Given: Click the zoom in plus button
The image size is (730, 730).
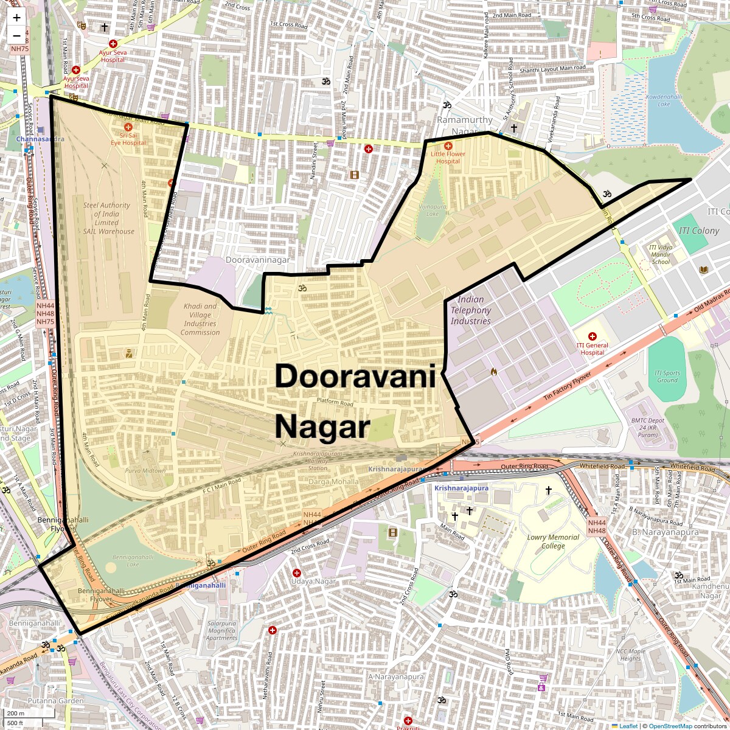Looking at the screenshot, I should click(16, 18).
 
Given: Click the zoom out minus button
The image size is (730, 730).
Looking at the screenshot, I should click(16, 36).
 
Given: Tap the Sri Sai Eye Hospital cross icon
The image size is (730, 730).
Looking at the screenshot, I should click(128, 127).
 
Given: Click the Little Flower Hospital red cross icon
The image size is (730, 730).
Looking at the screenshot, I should click(448, 146).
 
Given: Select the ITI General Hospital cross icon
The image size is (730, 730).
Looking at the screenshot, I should click(592, 336).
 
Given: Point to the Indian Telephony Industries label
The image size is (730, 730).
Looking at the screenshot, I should click(470, 310).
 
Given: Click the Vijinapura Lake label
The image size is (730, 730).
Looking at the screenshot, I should click(433, 210).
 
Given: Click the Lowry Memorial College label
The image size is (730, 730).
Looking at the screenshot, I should click(553, 541).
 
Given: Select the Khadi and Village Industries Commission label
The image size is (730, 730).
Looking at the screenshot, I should click(200, 319).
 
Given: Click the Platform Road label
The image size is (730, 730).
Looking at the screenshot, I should click(335, 403).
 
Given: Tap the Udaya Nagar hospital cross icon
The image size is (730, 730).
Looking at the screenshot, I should click(297, 573).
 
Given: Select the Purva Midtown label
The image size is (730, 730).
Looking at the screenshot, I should click(145, 471).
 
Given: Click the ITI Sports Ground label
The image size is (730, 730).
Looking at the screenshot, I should click(667, 377).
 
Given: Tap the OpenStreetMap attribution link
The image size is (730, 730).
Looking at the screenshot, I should click(670, 726).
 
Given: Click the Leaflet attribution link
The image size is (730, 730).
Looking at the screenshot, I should click(628, 726).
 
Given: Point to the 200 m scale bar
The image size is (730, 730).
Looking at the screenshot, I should click(16, 713).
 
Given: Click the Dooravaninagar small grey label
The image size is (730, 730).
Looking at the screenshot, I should click(257, 260).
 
